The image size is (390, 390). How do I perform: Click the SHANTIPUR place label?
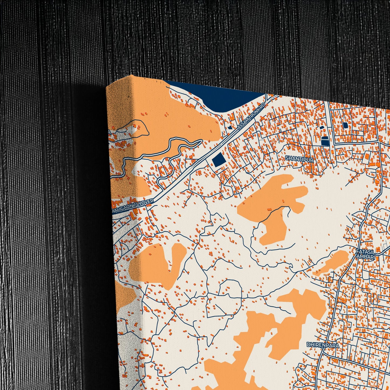tap(300, 160)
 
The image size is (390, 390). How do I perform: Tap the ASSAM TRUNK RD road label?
tap(251, 116)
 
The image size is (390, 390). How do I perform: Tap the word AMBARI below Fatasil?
tap(366, 257)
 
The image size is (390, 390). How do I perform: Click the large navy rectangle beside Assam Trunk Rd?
tap(219, 160)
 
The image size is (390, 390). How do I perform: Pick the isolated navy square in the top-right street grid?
tap(345, 125)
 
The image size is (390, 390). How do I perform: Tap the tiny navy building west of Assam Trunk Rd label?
tap(230, 127)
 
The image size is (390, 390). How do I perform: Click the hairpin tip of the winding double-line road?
tap(201, 140)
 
